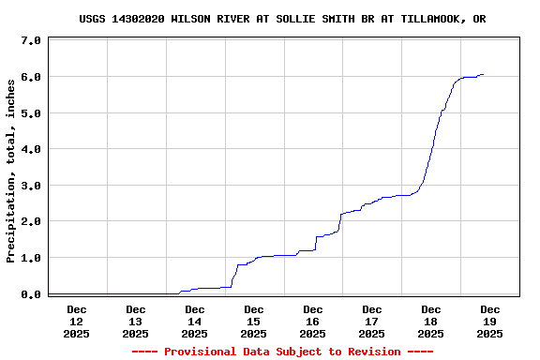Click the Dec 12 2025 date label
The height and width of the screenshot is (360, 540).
pos(77,321)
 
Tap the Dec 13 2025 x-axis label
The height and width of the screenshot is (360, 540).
pos(136,321)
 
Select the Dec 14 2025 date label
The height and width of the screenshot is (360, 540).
pos(195,321)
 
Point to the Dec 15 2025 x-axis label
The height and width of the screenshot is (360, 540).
pos(254,321)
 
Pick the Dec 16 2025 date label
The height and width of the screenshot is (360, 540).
pos(313,321)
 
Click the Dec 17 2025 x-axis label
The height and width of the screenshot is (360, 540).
pos(372,321)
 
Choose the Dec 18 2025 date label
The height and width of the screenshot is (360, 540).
pos(431,321)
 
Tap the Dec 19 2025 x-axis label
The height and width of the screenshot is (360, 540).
pos(490,321)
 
